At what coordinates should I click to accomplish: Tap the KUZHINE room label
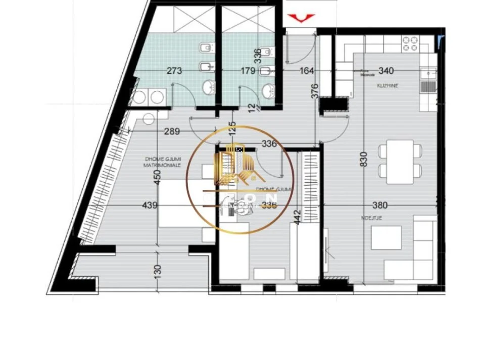[388, 86]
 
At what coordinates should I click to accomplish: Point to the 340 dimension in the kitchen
[386, 71]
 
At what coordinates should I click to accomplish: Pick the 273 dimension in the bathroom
[174, 71]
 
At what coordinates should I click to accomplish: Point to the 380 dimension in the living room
[379, 205]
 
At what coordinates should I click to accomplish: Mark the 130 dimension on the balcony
[158, 271]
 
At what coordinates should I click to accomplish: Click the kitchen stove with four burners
[411, 43]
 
